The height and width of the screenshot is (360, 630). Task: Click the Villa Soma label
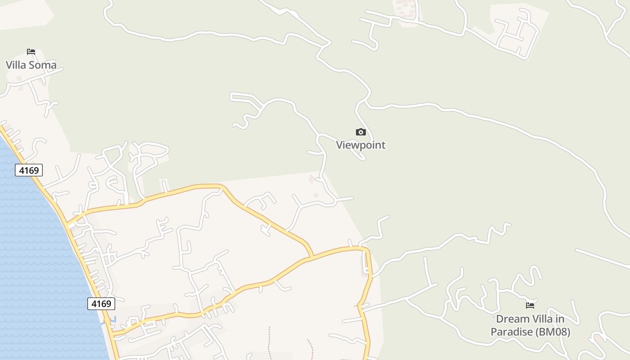31,65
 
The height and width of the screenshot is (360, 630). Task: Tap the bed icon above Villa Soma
31,52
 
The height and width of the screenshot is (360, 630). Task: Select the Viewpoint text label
361,145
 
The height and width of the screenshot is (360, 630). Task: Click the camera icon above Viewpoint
361,132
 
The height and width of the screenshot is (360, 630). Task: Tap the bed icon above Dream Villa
530,306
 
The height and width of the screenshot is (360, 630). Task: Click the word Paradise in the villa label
511,332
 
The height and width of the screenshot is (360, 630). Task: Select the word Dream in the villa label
513,319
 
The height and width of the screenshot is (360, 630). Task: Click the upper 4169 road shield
29,170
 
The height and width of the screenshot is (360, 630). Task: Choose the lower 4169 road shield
101,304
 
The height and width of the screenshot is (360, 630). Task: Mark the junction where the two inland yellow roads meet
311,257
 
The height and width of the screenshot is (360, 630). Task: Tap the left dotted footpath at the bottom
269,342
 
